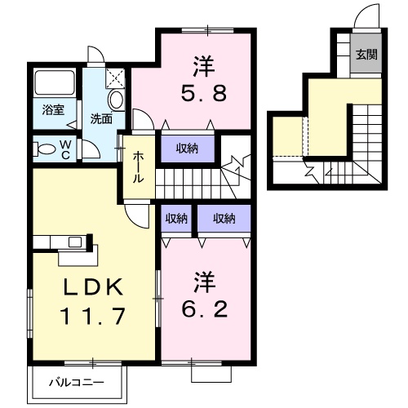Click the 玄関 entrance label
[x=366, y=55]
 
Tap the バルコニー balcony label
[x=76, y=381]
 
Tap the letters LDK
[x=91, y=287]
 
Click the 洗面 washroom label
[x=101, y=118]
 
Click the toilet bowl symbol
[x=51, y=149]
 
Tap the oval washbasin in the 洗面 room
[x=116, y=100]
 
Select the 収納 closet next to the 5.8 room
[x=186, y=148]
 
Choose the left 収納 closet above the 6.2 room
[x=177, y=218]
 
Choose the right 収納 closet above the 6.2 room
[x=224, y=218]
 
